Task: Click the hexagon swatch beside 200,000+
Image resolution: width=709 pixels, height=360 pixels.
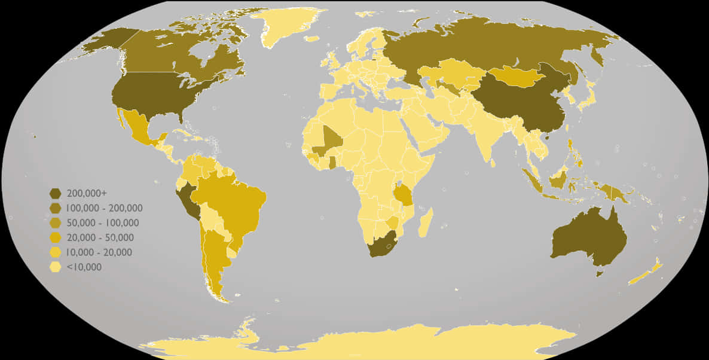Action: tap(56, 193)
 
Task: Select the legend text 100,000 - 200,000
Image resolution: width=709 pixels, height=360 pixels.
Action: tap(105, 208)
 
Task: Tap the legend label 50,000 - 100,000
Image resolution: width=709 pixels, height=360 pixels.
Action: tap(103, 223)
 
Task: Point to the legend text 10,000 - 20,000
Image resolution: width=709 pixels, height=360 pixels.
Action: tap(99, 252)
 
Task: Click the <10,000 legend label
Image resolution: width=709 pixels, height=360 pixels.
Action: tap(84, 267)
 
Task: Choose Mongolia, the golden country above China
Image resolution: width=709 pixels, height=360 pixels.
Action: tap(514, 77)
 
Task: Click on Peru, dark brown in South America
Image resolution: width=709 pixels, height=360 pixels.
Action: tap(190, 200)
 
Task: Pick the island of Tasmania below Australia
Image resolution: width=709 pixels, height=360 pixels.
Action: tap(600, 274)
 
